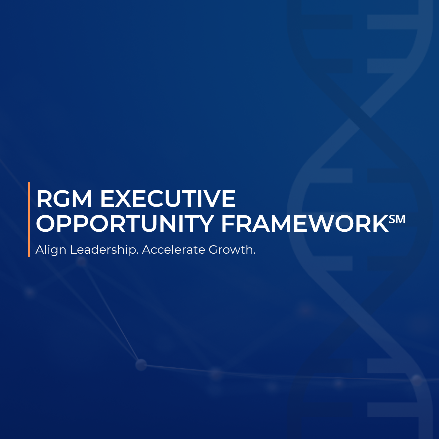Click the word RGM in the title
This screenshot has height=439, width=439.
pos(64,199)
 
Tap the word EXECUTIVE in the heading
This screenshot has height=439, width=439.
pos(168,199)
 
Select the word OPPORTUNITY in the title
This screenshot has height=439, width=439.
pos(125,224)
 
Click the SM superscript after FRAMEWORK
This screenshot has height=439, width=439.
pos(397,219)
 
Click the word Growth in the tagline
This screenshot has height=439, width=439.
pos(231,250)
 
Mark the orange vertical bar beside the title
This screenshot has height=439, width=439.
pos(29,219)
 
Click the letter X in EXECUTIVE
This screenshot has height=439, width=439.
pos(127,199)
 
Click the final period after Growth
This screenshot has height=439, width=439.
pos(254,254)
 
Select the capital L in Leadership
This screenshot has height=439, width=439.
pos(74,250)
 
